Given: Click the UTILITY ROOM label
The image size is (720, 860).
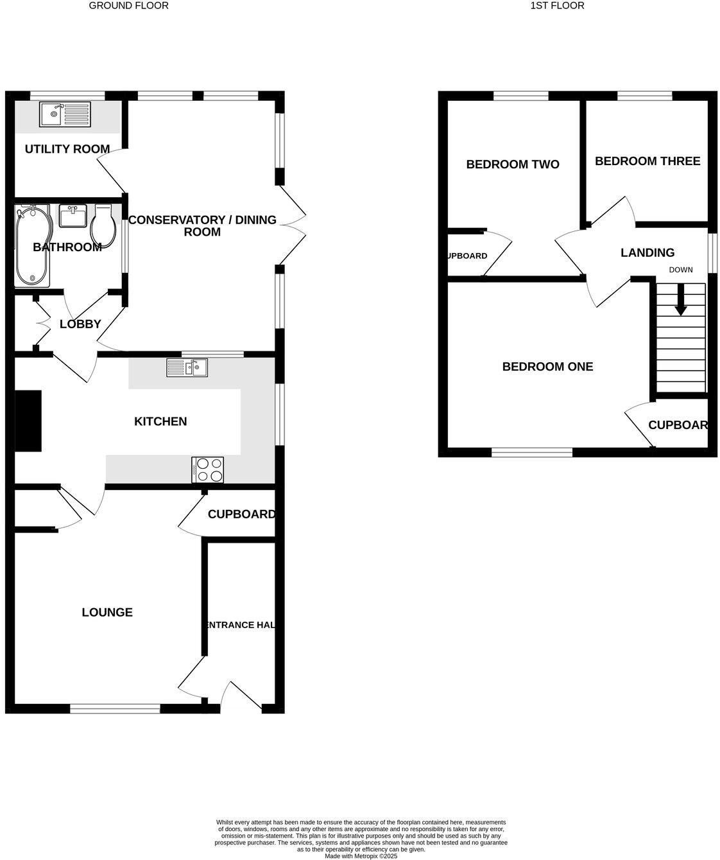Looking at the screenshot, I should (x=67, y=149).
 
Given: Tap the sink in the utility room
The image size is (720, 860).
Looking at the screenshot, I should (x=65, y=115).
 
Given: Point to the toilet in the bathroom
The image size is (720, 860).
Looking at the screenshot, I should (x=103, y=224).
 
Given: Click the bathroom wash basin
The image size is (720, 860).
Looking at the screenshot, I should (x=73, y=216).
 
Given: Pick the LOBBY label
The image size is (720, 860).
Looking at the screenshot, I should (x=80, y=324).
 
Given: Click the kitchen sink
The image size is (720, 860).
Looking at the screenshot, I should (x=187, y=367).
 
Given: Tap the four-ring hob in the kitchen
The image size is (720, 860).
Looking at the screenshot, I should (x=208, y=469).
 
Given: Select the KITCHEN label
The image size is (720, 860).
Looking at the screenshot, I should (x=160, y=421).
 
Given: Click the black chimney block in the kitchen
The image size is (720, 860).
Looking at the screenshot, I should (x=28, y=421).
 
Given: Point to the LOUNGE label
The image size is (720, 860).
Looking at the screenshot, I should (x=107, y=613).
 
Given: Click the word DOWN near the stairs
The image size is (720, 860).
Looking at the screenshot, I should (x=681, y=270).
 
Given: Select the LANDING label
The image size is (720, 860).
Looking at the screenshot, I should (x=647, y=253).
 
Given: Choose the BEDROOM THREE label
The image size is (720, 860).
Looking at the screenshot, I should (x=647, y=161).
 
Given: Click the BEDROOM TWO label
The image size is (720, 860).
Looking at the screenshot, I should (x=513, y=164).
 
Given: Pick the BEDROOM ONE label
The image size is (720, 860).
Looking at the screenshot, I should (x=547, y=367).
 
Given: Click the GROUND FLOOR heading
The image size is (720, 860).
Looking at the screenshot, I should (x=128, y=6).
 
